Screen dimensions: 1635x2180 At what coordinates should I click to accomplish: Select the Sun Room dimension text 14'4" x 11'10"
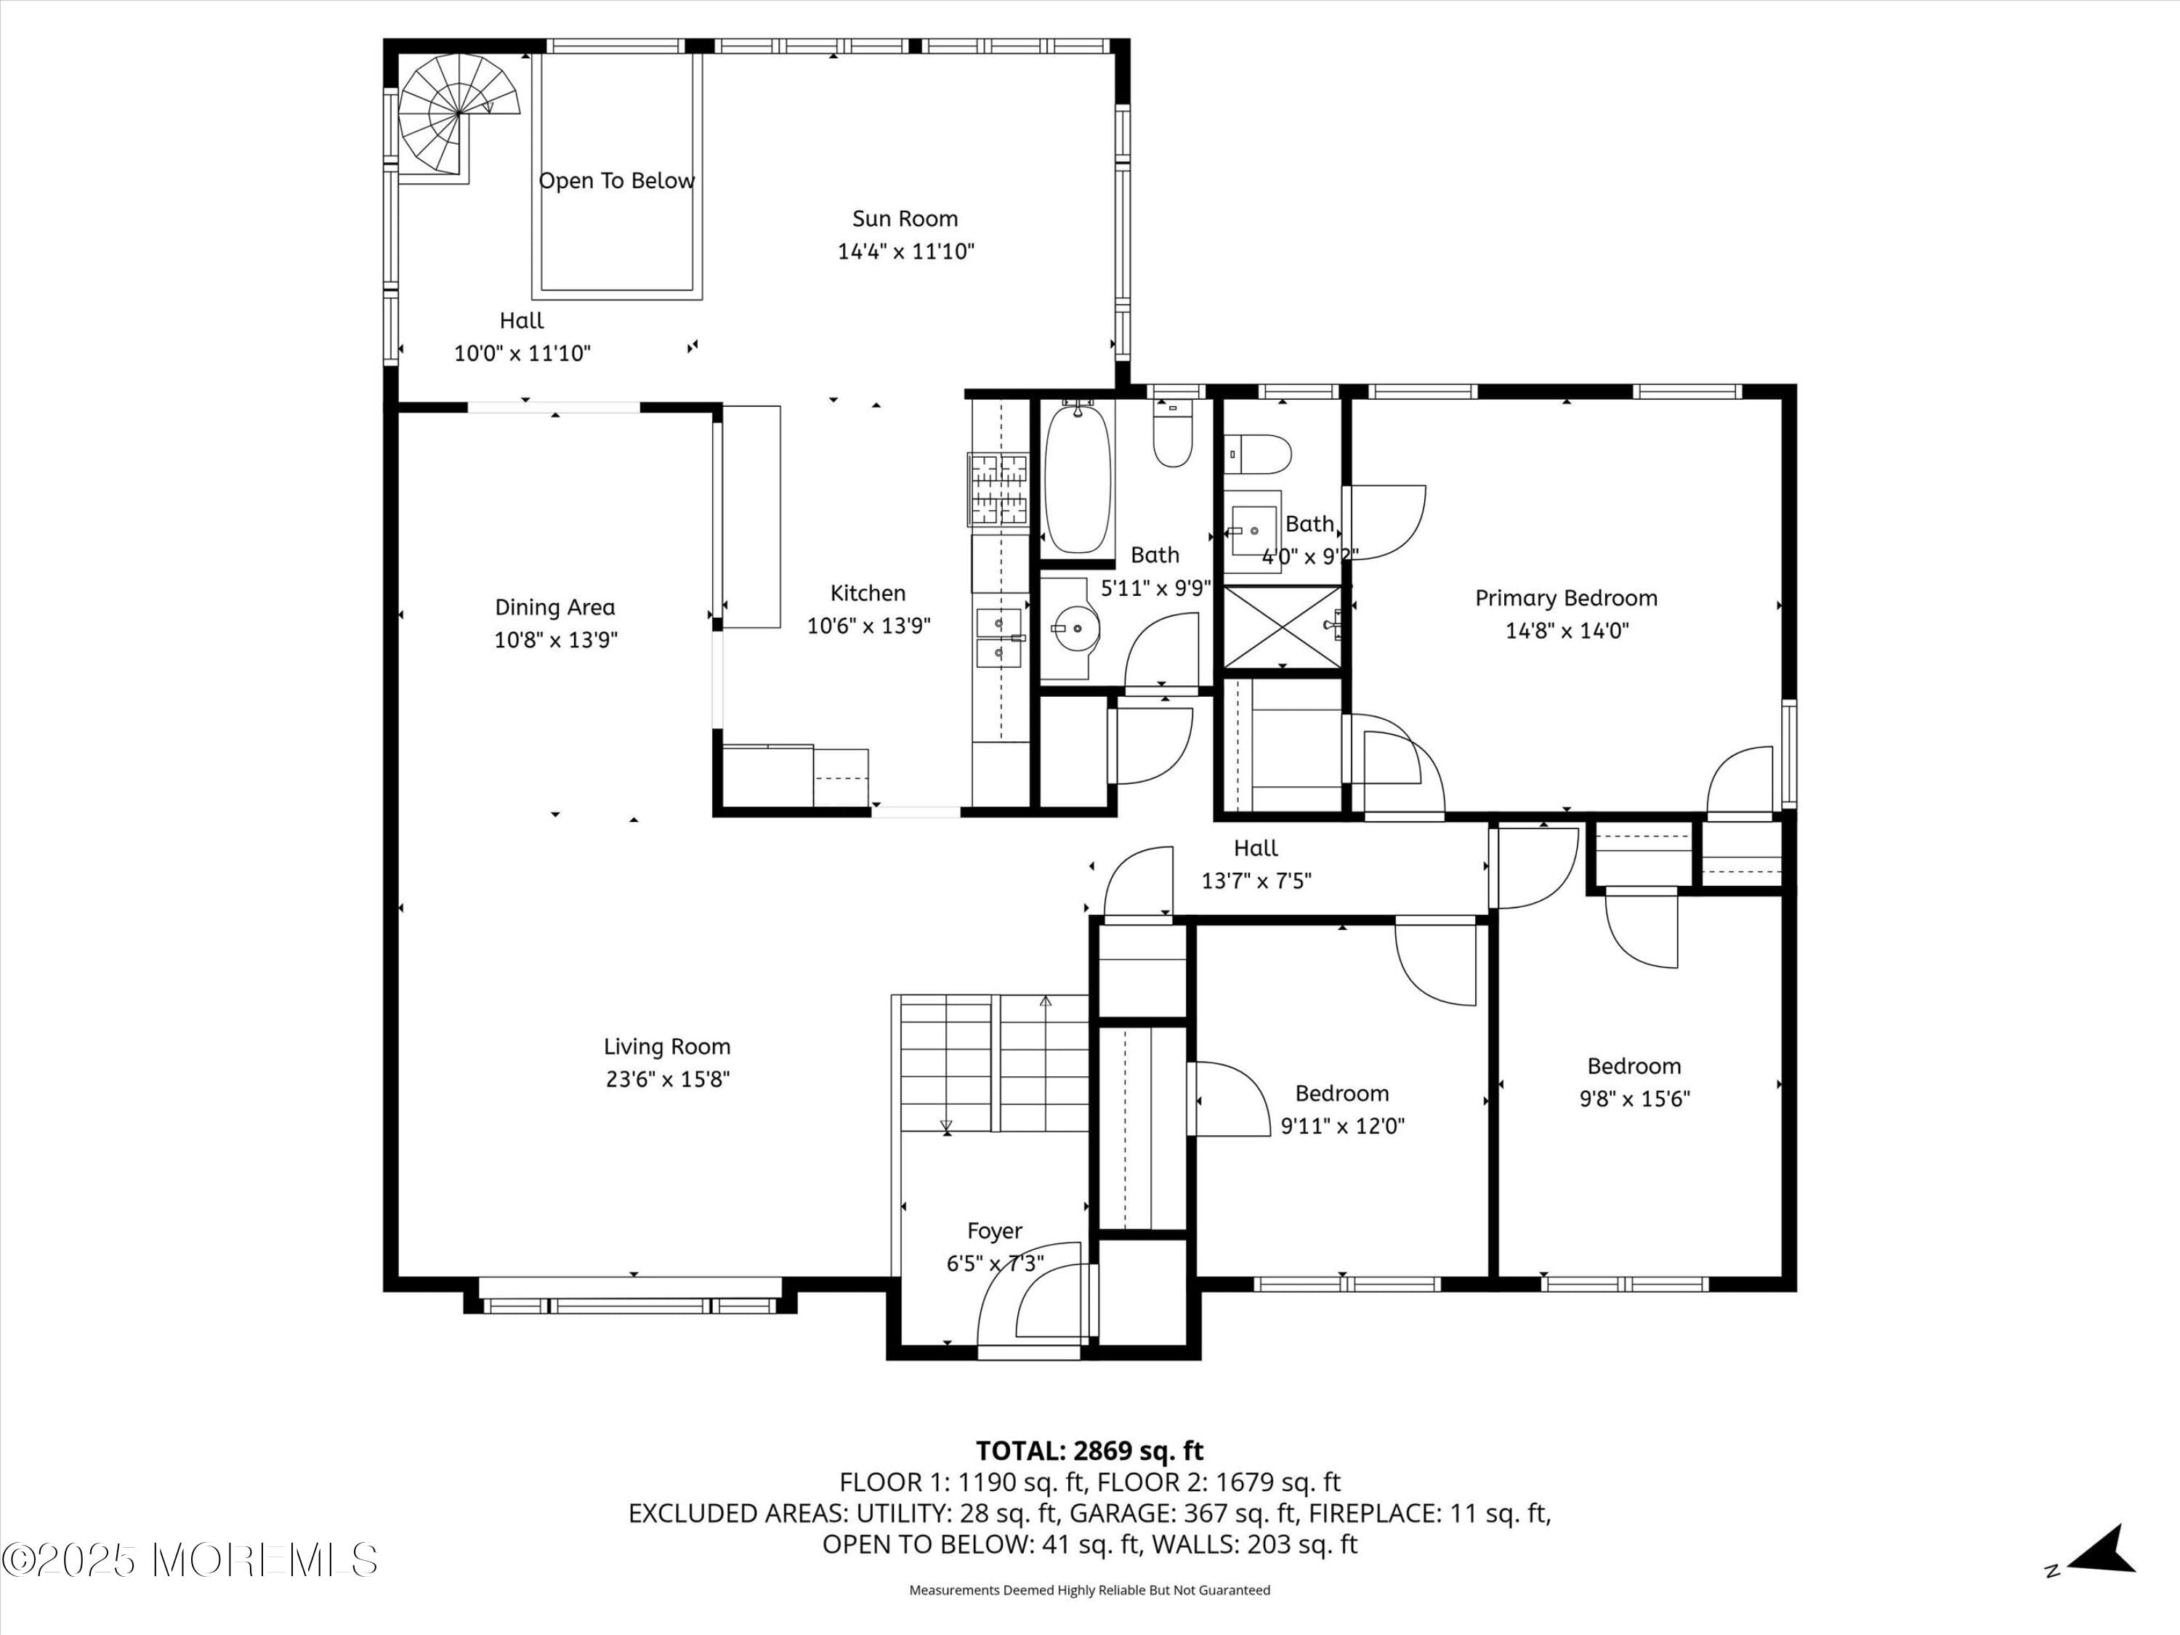(x=905, y=251)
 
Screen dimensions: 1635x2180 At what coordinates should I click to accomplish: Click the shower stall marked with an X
(x=1281, y=627)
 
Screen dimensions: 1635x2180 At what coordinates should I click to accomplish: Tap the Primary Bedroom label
(x=1565, y=598)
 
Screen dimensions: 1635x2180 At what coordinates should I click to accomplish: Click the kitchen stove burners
(x=998, y=490)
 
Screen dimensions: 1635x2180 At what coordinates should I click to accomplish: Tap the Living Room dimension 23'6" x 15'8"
(x=667, y=1079)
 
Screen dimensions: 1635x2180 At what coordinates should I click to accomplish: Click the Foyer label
(x=993, y=1231)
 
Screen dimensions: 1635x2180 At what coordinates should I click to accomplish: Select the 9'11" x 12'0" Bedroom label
(x=1341, y=1093)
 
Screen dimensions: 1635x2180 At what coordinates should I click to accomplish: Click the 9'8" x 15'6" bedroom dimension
(x=1634, y=1099)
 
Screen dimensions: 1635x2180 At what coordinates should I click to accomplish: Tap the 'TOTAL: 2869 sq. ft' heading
(x=1089, y=1450)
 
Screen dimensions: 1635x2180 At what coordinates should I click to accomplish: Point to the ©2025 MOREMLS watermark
(x=189, y=1560)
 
